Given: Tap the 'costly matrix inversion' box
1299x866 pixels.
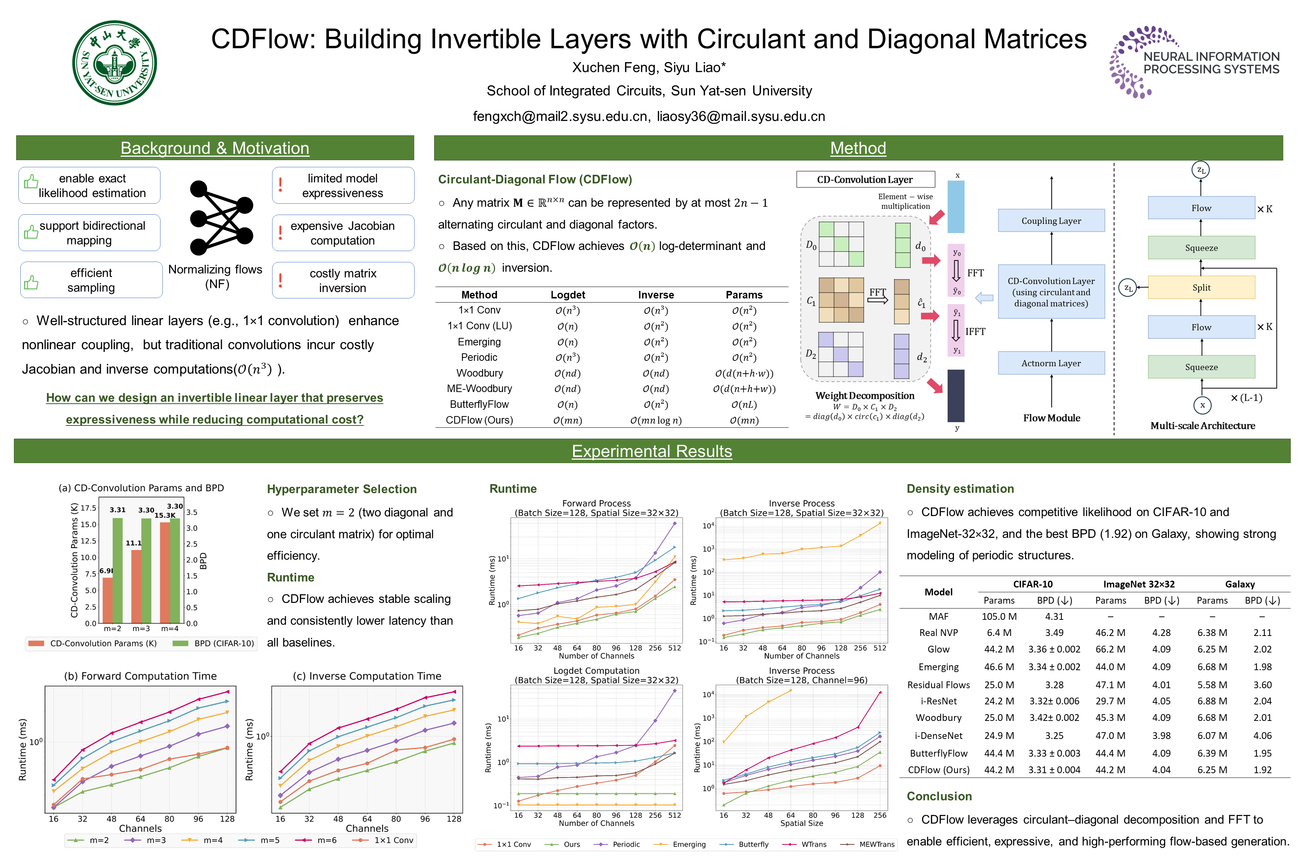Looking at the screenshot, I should tap(343, 280).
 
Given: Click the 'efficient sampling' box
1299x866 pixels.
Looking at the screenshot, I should tap(91, 280).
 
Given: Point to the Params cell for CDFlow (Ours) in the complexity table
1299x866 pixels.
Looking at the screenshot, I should tap(743, 420).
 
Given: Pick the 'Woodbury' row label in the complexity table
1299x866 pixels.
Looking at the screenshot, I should tap(479, 373).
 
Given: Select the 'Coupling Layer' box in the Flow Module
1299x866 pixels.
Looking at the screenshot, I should tap(1051, 221).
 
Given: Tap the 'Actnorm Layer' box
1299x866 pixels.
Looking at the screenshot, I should tap(1051, 363).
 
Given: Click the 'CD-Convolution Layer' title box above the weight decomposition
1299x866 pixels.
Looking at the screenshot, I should tap(865, 180).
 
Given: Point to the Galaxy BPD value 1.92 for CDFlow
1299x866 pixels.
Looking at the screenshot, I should tap(1262, 770).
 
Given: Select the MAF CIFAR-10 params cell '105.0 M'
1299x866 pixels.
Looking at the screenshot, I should tap(999, 616).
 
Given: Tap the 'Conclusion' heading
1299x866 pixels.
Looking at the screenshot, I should tap(939, 796).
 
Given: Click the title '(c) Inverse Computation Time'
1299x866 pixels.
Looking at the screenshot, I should tap(367, 676).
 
